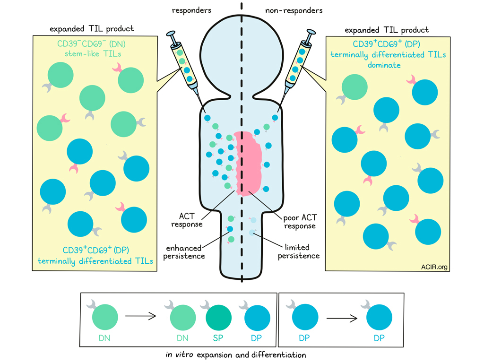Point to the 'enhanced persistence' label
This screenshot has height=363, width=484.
(x=185, y=251)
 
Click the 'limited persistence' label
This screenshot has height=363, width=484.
(x=302, y=251)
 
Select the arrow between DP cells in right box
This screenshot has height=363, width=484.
(x=342, y=319)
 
